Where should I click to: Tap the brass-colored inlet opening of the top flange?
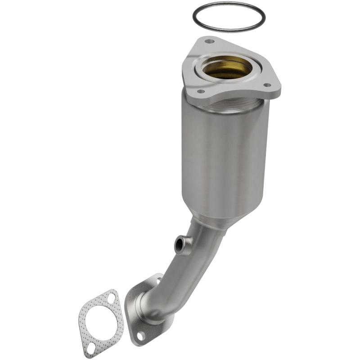[226, 69]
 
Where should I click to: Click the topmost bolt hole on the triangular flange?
[209, 41]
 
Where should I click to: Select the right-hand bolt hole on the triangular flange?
[267, 85]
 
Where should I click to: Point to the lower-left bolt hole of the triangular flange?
[200, 91]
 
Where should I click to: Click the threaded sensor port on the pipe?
[181, 245]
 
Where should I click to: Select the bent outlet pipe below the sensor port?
[178, 274]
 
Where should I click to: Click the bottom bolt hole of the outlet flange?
[141, 335]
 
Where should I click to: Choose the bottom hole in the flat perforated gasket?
[91, 347]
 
